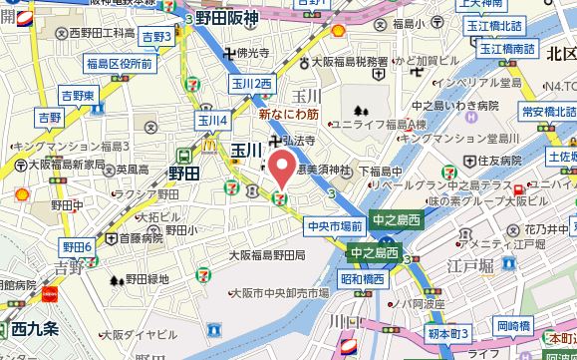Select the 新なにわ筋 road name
pos(288,115)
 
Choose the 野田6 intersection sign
pos(77,246)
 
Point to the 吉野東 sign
pos(77,95)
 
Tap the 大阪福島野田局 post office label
pos(266,255)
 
